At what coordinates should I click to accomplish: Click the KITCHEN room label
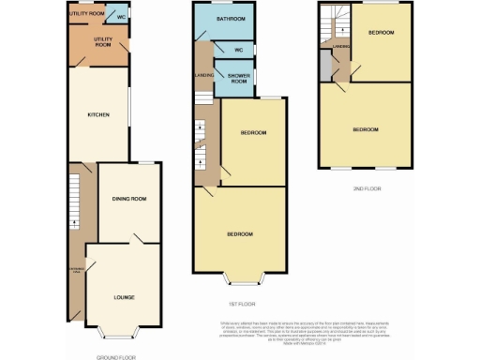point(98,114)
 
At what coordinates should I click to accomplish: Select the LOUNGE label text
point(124,297)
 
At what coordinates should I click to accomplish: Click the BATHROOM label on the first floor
point(230,19)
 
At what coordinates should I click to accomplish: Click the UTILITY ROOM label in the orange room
point(102,41)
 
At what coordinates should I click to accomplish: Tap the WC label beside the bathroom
point(239,50)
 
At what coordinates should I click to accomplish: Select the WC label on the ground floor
point(121,15)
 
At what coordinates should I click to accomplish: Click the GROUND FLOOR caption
point(116,357)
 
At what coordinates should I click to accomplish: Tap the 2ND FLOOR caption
point(368,188)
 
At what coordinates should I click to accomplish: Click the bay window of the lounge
point(118,333)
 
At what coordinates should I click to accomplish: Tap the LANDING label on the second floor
point(341,44)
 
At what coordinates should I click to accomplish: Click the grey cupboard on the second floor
point(325,67)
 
